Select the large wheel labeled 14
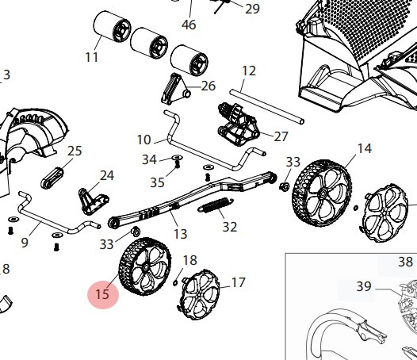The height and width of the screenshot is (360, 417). [322, 191]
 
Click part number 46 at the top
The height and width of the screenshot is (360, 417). [189, 25]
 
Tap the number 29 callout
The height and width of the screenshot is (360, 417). [252, 9]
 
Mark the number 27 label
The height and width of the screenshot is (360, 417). [281, 136]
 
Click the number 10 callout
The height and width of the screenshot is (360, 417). [143, 140]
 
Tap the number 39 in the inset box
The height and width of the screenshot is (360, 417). [364, 286]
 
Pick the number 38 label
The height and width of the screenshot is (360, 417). [406, 262]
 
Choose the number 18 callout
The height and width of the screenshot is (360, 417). [190, 260]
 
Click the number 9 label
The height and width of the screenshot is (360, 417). [24, 243]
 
